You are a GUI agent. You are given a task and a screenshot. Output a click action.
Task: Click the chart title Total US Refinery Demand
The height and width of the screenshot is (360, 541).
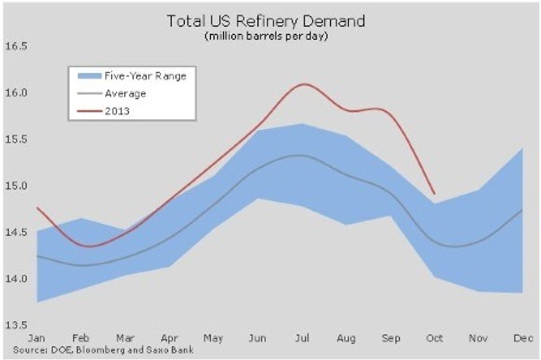(266, 21)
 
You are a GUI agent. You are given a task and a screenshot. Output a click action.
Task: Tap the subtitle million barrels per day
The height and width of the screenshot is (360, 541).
(266, 36)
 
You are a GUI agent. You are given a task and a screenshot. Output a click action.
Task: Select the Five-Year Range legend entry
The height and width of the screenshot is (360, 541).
(145, 76)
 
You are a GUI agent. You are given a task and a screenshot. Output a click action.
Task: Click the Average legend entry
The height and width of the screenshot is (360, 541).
(125, 94)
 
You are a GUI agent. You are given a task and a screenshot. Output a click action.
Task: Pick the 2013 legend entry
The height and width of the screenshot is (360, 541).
(117, 111)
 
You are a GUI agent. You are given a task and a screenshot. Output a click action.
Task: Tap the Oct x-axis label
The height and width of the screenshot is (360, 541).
(435, 338)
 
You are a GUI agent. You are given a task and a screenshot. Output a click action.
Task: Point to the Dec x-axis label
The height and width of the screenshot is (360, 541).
(523, 338)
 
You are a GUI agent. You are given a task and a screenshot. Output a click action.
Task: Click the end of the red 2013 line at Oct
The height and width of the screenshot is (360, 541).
(434, 194)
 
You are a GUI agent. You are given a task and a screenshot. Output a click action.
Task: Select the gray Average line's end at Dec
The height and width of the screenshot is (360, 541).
(522, 210)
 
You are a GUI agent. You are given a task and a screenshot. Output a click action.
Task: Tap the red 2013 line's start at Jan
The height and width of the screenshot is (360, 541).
(37, 207)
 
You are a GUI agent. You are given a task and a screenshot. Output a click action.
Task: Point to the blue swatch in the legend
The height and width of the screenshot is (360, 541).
(88, 76)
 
